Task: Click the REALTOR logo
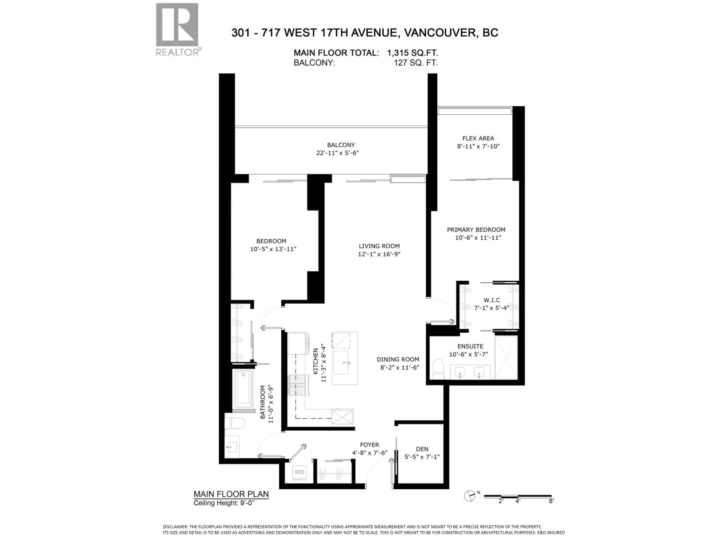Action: coord(177,29)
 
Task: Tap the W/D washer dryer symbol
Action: coord(299,472)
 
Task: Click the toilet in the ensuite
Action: coord(438,369)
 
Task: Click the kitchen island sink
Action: coord(341,362)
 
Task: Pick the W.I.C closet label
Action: coord(492,300)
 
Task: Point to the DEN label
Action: coord(422,449)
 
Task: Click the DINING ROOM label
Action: coord(398,359)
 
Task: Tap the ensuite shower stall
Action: coord(506,357)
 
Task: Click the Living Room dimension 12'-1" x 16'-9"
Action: coord(379,254)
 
